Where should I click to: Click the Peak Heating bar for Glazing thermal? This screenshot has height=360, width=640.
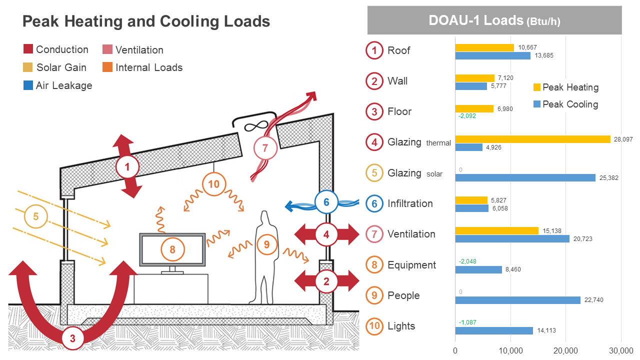click(532, 139)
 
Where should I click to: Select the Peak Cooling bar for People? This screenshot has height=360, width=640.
click(518, 300)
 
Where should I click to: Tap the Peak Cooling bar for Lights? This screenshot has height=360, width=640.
click(494, 330)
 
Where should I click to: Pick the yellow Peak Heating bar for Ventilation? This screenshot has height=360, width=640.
click(496, 230)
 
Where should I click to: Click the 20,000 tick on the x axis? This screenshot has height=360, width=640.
click(565, 351)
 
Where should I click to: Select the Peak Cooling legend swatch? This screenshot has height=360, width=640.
click(537, 104)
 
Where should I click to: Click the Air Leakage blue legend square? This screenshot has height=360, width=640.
click(28, 85)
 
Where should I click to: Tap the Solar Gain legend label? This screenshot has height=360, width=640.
click(61, 67)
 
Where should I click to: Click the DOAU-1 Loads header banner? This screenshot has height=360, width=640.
click(494, 20)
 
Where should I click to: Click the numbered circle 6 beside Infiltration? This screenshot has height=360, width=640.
click(374, 203)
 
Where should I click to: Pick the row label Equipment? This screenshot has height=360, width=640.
click(411, 265)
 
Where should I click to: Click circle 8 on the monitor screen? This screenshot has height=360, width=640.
click(172, 249)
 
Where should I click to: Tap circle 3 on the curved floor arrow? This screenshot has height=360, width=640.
click(72, 338)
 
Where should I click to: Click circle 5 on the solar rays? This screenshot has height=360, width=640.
click(35, 216)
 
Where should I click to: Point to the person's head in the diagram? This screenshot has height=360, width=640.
click(264, 218)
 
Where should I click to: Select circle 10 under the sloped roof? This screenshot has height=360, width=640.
click(213, 184)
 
